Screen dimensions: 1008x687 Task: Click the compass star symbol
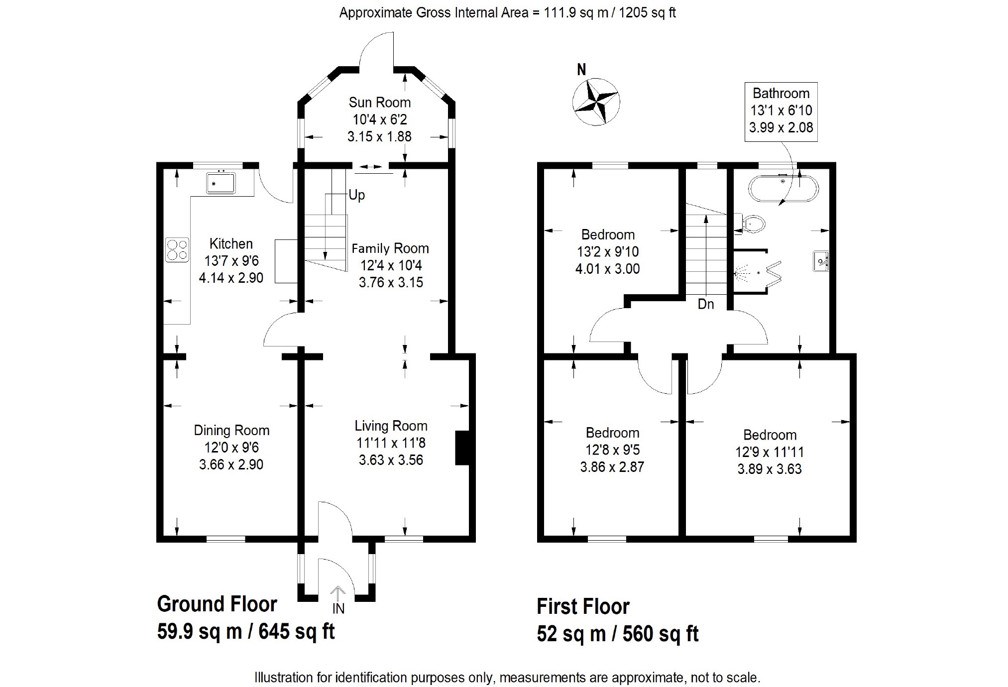(596, 102)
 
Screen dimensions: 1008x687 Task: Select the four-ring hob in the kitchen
(178, 249)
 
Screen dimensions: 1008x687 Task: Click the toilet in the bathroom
(751, 224)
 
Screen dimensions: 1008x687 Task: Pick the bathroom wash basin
(821, 261)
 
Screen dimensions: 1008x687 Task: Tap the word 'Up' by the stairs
(356, 195)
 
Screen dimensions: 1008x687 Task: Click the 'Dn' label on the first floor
(706, 304)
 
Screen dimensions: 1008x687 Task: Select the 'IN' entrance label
(338, 608)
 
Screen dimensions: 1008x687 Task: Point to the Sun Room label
(380, 103)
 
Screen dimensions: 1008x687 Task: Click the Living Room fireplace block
(462, 448)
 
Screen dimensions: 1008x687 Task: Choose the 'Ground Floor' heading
(217, 604)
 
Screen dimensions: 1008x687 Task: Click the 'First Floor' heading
(583, 606)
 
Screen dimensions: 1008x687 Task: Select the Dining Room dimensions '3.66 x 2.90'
(231, 464)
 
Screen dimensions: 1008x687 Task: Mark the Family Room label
(390, 248)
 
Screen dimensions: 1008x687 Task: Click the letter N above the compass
(581, 70)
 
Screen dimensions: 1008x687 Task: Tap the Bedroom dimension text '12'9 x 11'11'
(770, 452)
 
